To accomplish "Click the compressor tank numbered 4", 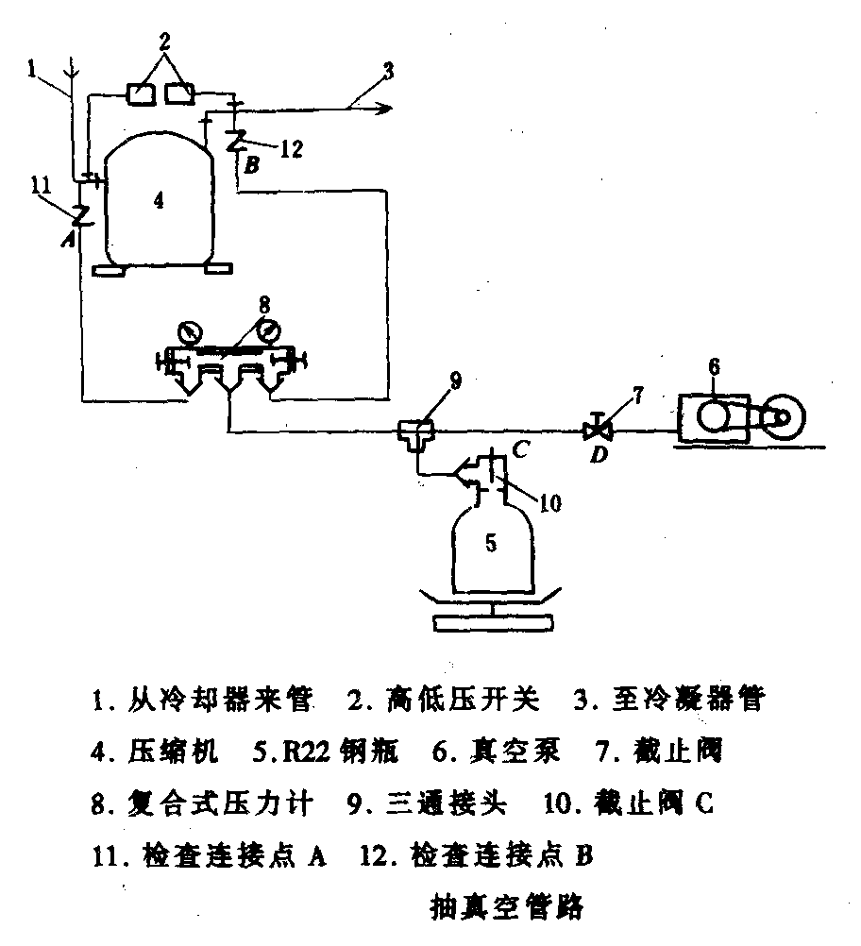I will (x=158, y=201).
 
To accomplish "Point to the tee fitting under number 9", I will (x=415, y=433).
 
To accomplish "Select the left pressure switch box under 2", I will (x=142, y=93).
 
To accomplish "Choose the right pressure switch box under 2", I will (x=179, y=93).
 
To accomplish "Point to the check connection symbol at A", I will (x=80, y=214).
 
